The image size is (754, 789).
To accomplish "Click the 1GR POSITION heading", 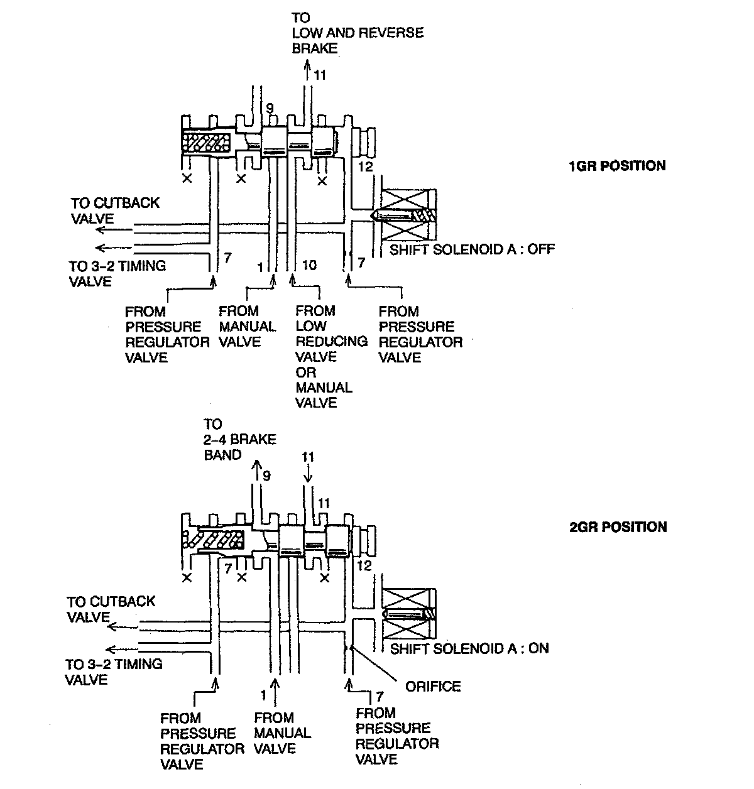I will tap(616, 166).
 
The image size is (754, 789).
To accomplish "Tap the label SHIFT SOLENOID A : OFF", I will tap(473, 249).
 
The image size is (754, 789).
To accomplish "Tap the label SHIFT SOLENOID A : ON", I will tap(469, 648).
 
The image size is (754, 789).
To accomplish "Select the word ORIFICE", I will tap(433, 686).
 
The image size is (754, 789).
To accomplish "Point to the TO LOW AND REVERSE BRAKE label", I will tap(358, 33).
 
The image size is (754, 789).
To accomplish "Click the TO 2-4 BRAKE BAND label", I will tap(239, 439).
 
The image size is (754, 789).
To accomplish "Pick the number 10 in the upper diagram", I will tap(309, 265).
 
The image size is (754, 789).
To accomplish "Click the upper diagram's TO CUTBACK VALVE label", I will tap(115, 210).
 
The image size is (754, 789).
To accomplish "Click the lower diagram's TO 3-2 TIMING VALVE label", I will tap(114, 672).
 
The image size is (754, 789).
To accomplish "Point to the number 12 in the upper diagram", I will tap(365, 166).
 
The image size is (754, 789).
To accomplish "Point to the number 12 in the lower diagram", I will tap(364, 565).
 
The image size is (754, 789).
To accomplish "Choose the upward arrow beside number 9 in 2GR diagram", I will tap(256, 471).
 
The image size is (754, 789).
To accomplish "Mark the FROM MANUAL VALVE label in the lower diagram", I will tap(282, 733).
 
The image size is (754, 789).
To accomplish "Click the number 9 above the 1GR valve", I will tap(269, 109).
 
